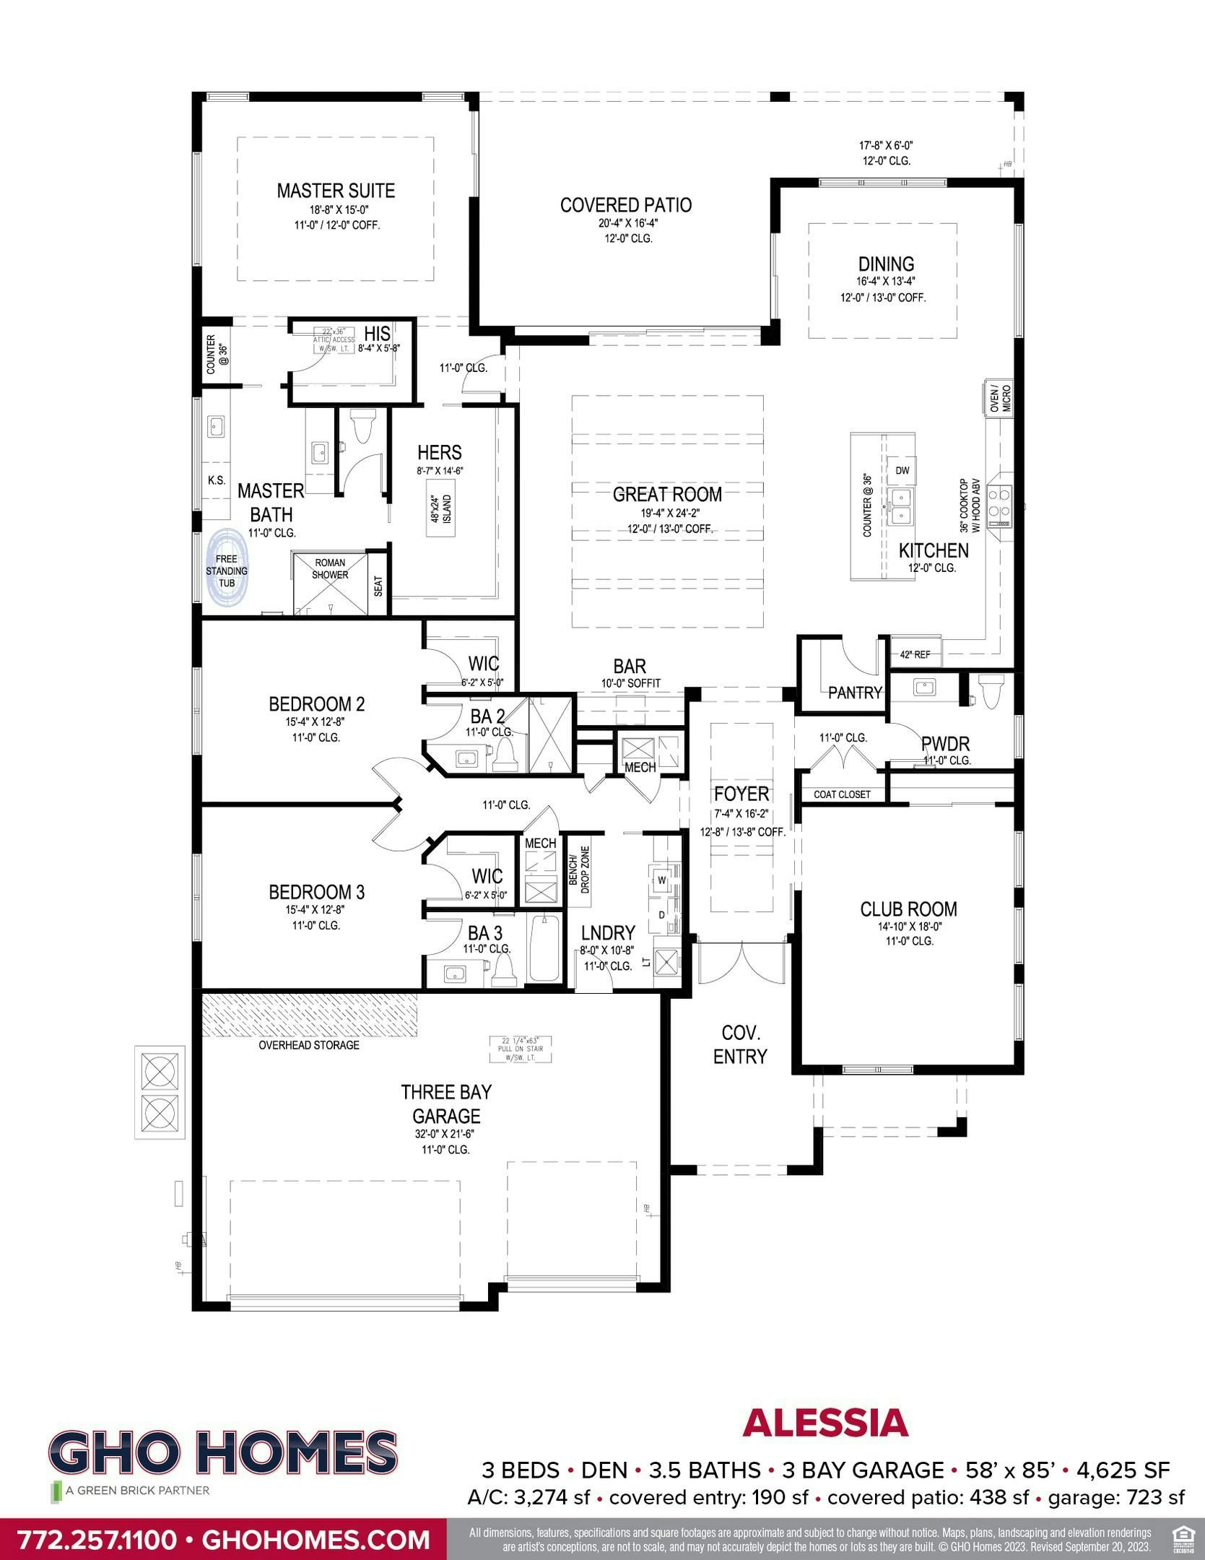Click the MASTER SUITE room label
point(336,191)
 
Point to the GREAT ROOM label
point(666,495)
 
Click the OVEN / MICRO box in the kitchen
point(1000,399)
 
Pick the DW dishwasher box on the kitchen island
point(902,470)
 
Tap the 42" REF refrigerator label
point(915,654)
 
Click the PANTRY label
point(855,693)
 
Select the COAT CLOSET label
point(842,794)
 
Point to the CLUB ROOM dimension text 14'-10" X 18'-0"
point(908,926)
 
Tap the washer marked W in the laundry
point(661,880)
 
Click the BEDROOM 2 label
point(316,703)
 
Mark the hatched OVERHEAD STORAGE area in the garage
point(309,1015)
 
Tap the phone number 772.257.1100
point(97,1539)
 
